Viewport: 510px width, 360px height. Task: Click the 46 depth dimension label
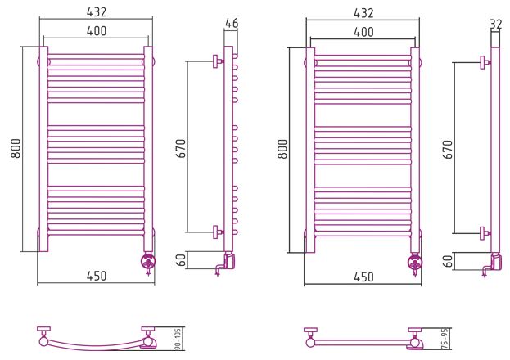[232, 23]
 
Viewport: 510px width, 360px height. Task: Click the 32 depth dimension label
[496, 25]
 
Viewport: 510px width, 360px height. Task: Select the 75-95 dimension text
[445, 339]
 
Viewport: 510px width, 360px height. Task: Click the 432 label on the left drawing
[97, 12]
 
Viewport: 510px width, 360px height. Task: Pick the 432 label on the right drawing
[363, 13]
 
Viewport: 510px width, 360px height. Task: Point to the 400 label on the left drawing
[97, 30]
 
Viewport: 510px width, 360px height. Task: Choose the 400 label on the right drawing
[363, 32]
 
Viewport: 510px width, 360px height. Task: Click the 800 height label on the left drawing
[16, 148]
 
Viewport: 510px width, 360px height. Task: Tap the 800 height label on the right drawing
[283, 149]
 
